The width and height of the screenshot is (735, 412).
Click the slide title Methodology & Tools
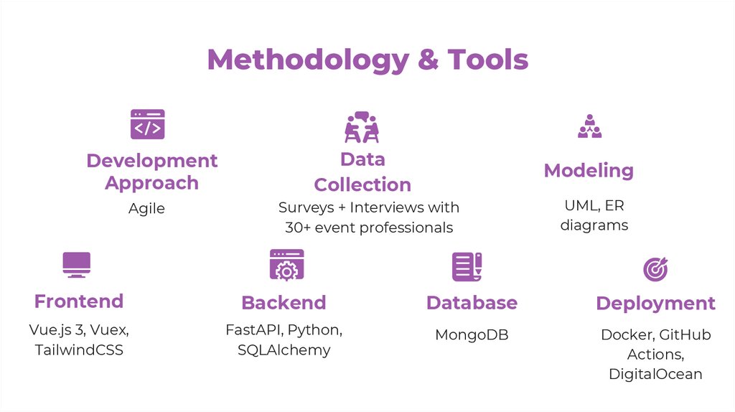pyautogui.click(x=367, y=60)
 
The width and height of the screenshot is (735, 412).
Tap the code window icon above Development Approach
pyautogui.click(x=147, y=124)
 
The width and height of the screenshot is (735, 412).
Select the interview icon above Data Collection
pyautogui.click(x=362, y=127)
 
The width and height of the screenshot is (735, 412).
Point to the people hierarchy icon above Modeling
pyautogui.click(x=589, y=126)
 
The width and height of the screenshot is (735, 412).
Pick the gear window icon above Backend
pyautogui.click(x=286, y=265)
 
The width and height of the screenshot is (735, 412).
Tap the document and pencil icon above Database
pyautogui.click(x=467, y=266)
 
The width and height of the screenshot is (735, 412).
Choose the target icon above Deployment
pyautogui.click(x=655, y=268)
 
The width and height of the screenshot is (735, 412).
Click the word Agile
pyautogui.click(x=146, y=209)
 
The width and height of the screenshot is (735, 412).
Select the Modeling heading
pyautogui.click(x=589, y=171)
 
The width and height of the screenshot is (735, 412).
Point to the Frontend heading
pyautogui.click(x=79, y=301)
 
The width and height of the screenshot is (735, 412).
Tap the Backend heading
pyautogui.click(x=284, y=303)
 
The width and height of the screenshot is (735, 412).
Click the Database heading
pyautogui.click(x=472, y=303)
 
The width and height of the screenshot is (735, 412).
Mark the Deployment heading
pyautogui.click(x=655, y=304)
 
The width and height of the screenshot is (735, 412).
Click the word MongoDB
pyautogui.click(x=472, y=335)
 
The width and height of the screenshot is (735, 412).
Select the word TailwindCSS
pyautogui.click(x=79, y=350)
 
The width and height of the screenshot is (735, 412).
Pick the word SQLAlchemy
pyautogui.click(x=284, y=350)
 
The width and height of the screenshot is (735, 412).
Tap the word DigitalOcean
pyautogui.click(x=655, y=374)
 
